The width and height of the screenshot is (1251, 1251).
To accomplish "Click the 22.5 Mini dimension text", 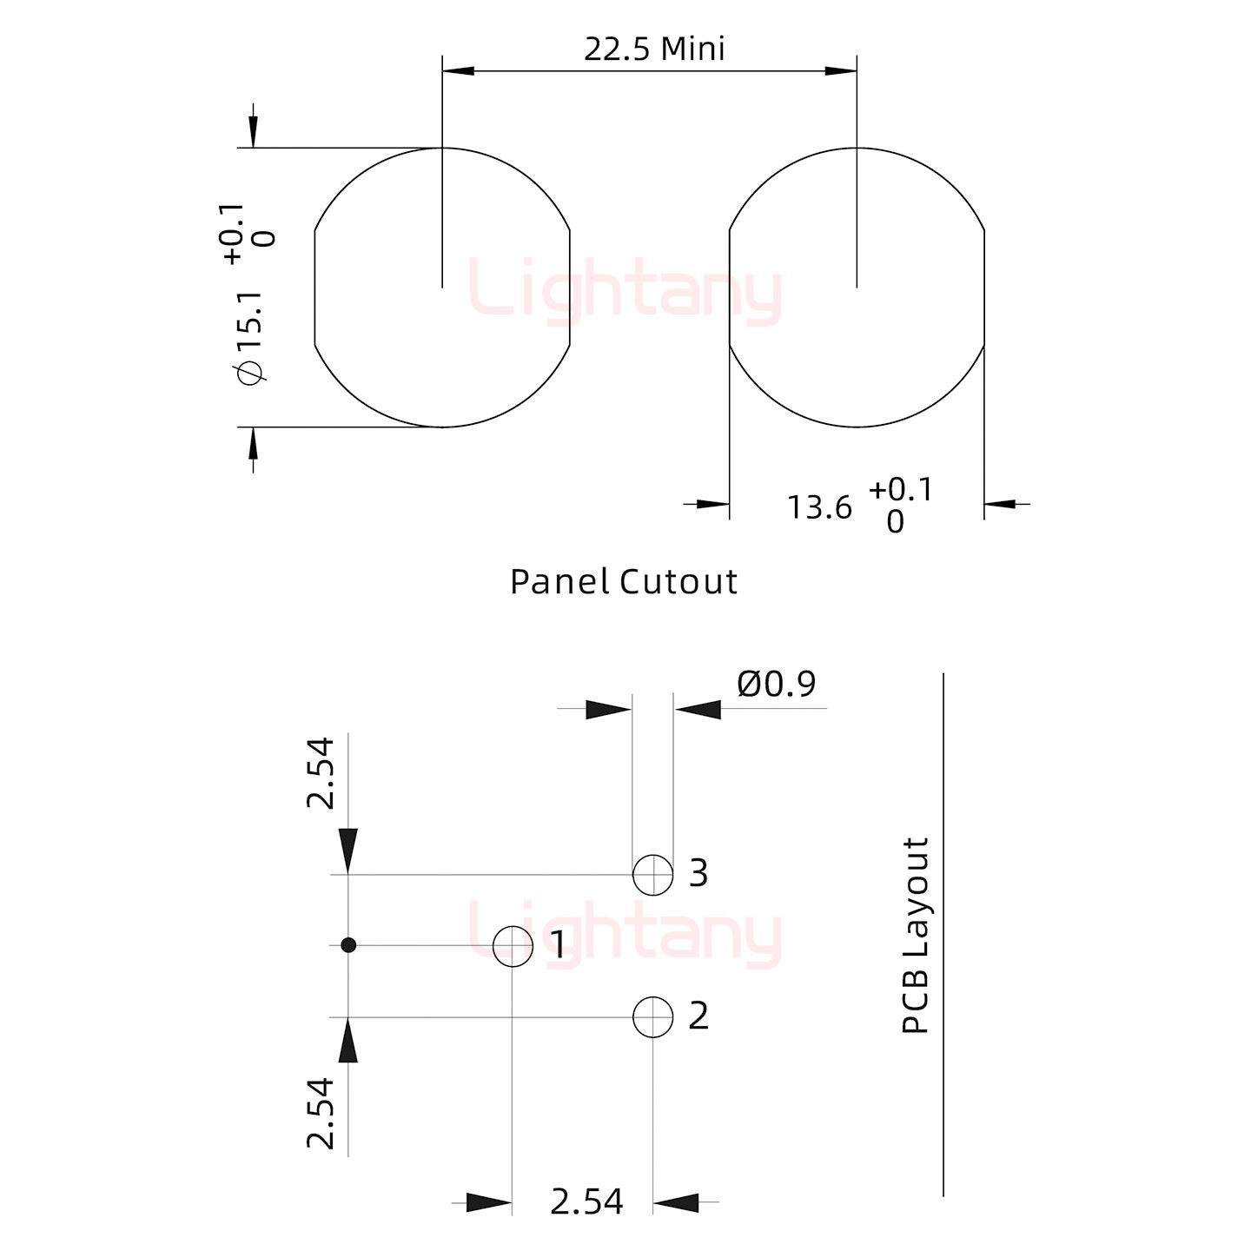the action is [x=654, y=49].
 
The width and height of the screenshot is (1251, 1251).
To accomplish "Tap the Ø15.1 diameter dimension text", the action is [x=250, y=338].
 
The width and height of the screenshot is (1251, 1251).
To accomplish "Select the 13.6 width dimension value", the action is [x=818, y=508].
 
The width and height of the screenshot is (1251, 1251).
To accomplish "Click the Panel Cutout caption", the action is [x=623, y=582].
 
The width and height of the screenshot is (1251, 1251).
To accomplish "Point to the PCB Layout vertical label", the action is [x=916, y=936].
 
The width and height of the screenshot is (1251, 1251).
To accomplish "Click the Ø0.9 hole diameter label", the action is [x=777, y=684].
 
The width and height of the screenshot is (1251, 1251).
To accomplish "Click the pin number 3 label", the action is [x=698, y=873].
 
